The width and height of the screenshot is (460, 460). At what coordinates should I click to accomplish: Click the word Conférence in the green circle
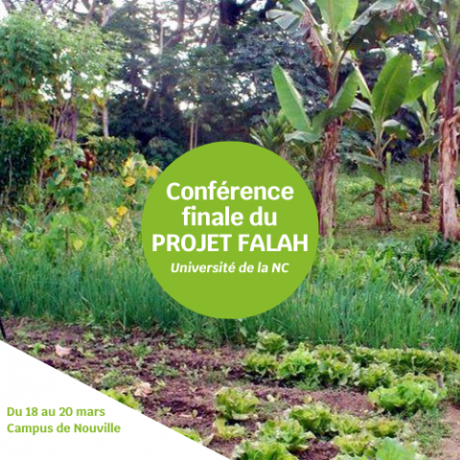tap(230, 191)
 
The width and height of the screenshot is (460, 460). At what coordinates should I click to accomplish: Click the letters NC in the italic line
tap(280, 267)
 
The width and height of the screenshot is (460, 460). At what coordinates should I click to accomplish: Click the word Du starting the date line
tap(14, 412)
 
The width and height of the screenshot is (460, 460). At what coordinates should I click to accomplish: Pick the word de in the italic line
tap(246, 267)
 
